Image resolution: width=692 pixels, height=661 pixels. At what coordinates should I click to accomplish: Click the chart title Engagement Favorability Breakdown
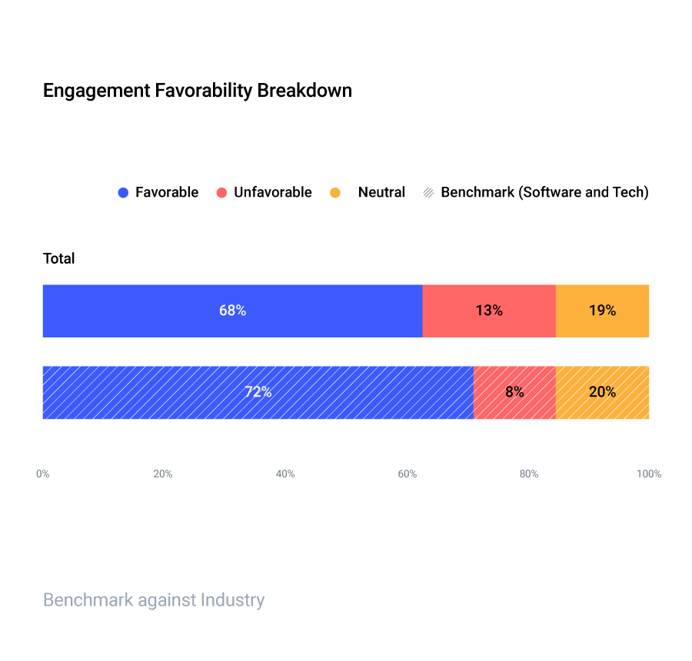click(x=197, y=90)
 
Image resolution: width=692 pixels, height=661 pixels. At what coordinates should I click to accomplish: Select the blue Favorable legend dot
click(x=123, y=193)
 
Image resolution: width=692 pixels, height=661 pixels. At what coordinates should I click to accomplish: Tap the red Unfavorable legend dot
click(x=221, y=193)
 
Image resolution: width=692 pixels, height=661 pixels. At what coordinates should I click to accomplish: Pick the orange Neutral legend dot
click(x=334, y=193)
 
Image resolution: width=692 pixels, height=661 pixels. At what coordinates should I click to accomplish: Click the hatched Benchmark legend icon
click(x=428, y=193)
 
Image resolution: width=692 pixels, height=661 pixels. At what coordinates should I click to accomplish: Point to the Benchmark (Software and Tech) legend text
click(x=544, y=192)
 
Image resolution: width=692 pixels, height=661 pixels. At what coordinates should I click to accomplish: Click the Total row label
click(x=59, y=258)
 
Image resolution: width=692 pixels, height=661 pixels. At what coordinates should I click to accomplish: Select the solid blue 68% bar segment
click(x=232, y=311)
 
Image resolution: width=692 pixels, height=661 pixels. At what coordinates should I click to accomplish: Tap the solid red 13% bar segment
click(x=489, y=311)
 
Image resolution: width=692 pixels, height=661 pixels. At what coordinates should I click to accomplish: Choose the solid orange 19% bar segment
click(x=602, y=311)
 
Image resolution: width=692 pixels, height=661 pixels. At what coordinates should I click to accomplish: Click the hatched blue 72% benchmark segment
click(x=258, y=392)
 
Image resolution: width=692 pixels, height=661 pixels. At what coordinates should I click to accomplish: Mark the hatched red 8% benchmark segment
click(x=514, y=392)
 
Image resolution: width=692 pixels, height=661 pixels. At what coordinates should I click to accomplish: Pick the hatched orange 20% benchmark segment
click(x=602, y=392)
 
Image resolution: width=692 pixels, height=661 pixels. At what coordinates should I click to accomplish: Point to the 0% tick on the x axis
click(x=43, y=474)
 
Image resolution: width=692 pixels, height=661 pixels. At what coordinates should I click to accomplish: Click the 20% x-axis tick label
click(x=163, y=474)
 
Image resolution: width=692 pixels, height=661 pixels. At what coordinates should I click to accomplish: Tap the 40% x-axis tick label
click(x=285, y=474)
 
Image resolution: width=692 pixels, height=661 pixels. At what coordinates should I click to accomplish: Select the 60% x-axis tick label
click(x=408, y=474)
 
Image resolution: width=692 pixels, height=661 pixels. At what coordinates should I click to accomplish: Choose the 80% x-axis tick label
click(x=529, y=474)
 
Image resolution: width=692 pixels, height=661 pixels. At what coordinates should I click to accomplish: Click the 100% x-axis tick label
click(x=649, y=474)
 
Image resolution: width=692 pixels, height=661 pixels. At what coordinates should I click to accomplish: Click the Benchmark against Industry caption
click(x=154, y=600)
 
